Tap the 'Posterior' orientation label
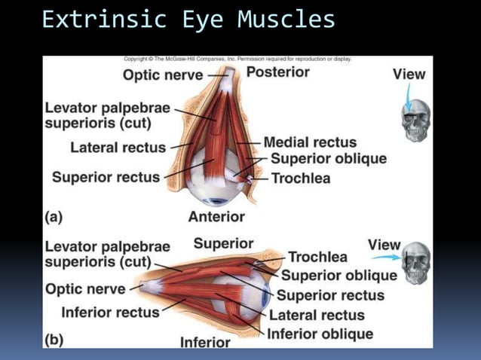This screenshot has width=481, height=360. click(277, 72)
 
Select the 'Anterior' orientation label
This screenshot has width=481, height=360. click(216, 216)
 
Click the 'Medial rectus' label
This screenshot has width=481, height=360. click(310, 142)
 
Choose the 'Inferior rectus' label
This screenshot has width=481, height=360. click(110, 312)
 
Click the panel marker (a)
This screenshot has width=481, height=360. click(54, 216)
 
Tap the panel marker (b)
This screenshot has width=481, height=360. click(54, 340)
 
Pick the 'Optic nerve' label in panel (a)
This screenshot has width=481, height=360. click(163, 75)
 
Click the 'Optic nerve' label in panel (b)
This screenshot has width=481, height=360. click(85, 288)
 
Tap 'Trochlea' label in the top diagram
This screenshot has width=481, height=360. click(300, 178)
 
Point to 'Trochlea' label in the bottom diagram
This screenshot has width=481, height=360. click(317, 258)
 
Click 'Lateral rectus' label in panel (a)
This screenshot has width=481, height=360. click(118, 147)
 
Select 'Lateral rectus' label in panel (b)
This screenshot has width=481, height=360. click(317, 315)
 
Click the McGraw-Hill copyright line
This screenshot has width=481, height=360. click(237, 59)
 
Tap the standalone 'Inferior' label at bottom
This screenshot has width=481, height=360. click(205, 342)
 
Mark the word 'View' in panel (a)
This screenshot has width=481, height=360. click(409, 74)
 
